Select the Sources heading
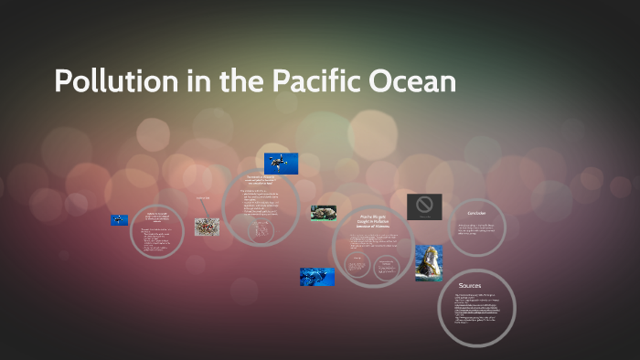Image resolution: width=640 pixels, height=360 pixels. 472,286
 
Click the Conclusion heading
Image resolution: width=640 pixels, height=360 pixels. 475,213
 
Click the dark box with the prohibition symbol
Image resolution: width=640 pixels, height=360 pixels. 424,206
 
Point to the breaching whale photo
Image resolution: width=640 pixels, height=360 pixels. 429,262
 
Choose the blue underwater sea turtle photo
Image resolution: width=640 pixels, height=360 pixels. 316,276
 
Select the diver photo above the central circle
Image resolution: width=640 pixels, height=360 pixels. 281,164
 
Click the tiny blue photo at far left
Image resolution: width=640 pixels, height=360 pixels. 119,220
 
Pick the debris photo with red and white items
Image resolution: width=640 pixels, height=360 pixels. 207,227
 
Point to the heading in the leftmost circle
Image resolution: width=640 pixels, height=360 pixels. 156,217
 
